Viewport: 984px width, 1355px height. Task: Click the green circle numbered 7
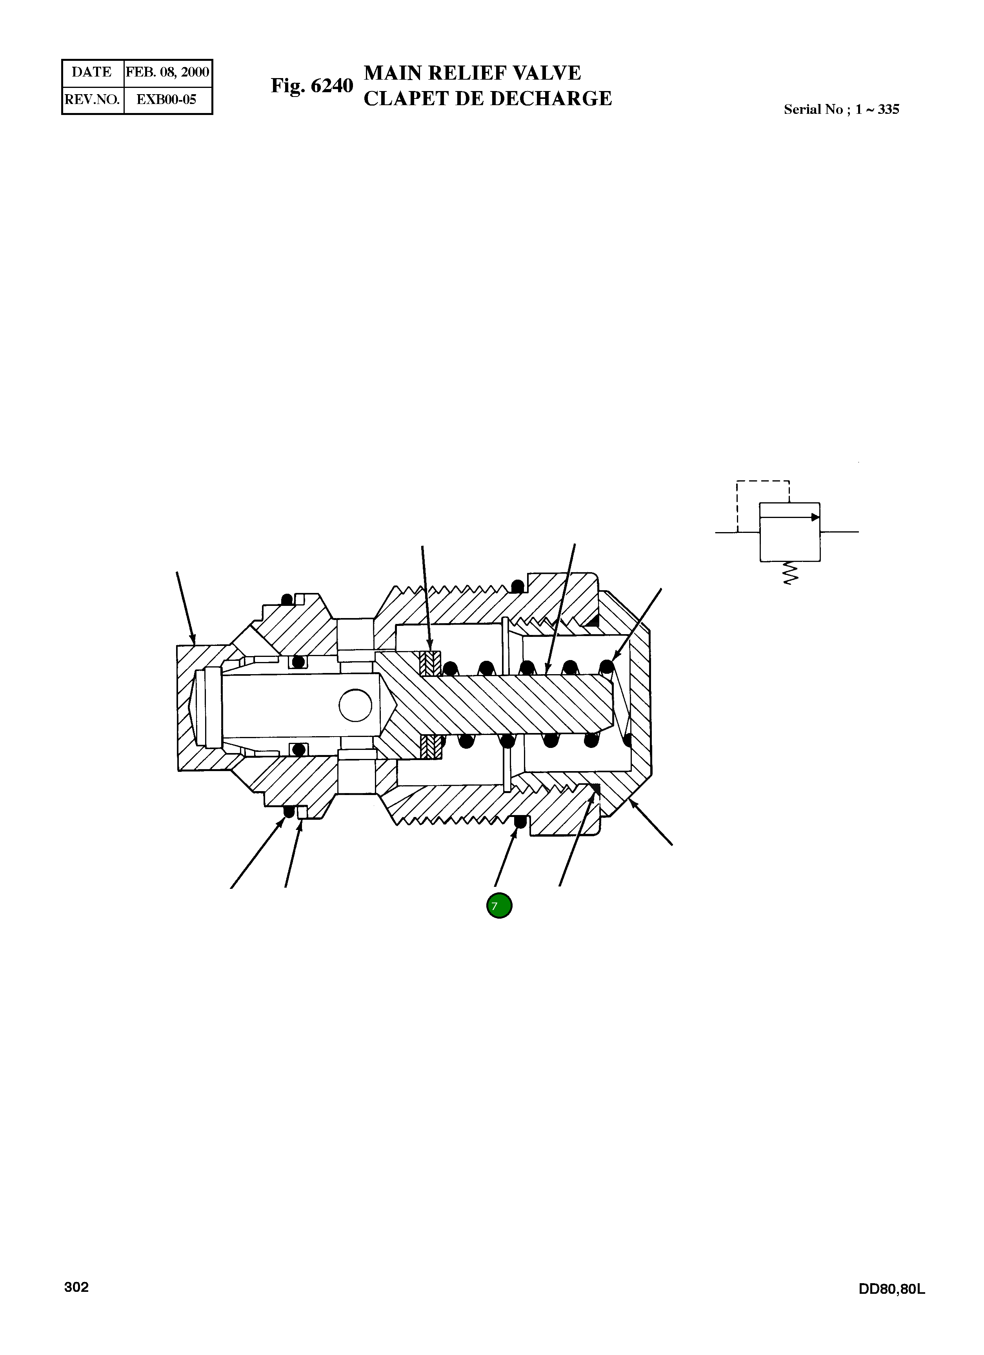coord(499,906)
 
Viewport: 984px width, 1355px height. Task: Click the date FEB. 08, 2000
coord(167,72)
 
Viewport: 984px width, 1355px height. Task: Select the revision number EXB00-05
coord(167,99)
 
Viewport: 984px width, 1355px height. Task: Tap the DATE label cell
coord(91,72)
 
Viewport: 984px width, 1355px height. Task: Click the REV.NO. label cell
coord(92,99)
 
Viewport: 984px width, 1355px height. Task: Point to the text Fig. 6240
coord(312,86)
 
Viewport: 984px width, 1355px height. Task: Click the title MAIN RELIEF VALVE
coord(472,73)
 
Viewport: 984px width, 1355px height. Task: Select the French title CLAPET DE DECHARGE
coord(487,98)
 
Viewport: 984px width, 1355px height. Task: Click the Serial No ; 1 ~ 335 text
coord(841,109)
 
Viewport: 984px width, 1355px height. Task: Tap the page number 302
coord(76,1287)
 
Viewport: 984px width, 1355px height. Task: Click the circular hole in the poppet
coord(355,705)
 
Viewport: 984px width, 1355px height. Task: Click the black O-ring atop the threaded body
coord(518,585)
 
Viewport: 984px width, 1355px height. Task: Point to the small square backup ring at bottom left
coord(302,812)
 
